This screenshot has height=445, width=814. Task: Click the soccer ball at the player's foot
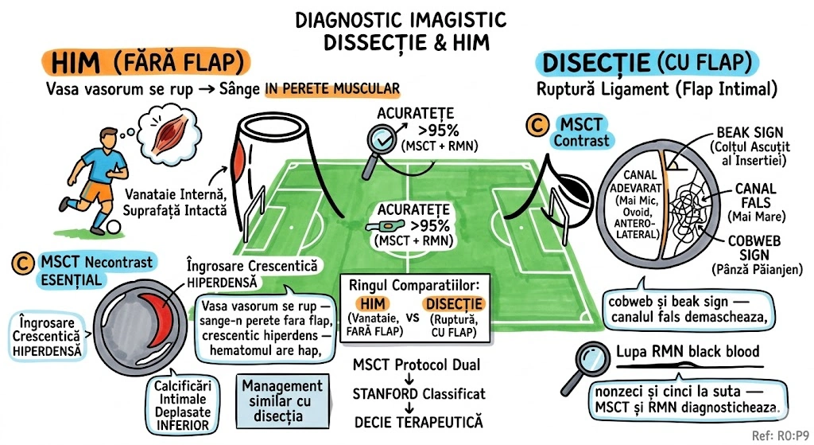click(x=114, y=227)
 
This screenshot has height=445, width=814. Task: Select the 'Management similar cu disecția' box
click(x=278, y=400)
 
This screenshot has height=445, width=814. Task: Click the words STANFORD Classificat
click(x=418, y=393)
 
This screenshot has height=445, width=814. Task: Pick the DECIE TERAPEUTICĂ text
click(x=418, y=421)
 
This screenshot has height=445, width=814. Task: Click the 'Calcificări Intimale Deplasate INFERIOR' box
click(x=182, y=403)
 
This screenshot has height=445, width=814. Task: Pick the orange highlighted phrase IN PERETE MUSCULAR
click(x=331, y=88)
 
